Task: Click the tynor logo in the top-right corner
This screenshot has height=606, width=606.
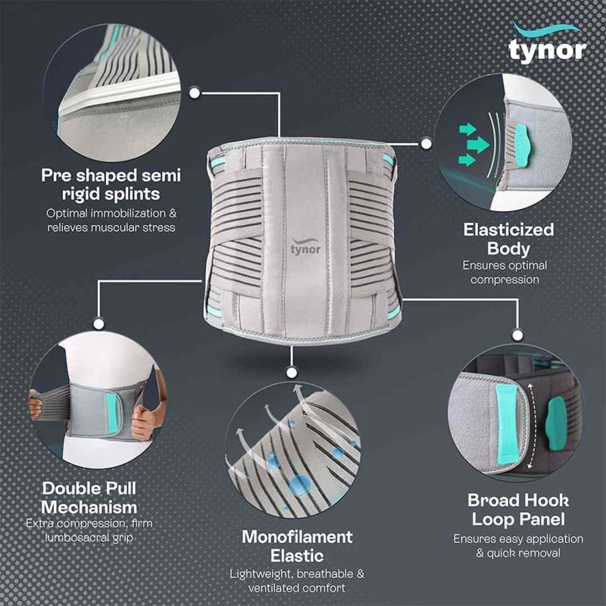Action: tap(547, 43)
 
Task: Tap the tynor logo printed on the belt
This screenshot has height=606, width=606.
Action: tap(305, 247)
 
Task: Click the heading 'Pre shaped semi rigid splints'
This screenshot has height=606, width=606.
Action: tap(111, 184)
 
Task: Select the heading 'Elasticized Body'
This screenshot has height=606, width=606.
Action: tap(508, 239)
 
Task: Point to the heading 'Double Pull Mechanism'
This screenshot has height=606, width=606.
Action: tap(89, 498)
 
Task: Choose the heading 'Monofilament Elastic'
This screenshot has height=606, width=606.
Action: tap(297, 546)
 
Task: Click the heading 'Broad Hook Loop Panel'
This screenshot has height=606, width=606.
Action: tap(518, 509)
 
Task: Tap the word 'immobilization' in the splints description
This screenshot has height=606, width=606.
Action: tap(123, 213)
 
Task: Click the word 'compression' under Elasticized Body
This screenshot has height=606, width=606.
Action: tap(504, 280)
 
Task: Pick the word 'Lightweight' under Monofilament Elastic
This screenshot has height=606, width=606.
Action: tap(261, 574)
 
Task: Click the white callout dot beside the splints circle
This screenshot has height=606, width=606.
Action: tap(195, 92)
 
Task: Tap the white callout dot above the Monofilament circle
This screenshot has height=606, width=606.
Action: tap(292, 373)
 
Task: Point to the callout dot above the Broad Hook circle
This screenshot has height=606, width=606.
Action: tap(517, 335)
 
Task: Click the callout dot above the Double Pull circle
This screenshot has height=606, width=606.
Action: tap(98, 323)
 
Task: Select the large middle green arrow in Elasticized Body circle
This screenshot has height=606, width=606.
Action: tap(478, 145)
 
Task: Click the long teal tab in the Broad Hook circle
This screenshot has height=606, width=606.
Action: tap(507, 423)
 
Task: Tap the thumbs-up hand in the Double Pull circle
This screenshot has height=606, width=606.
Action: tap(142, 423)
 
